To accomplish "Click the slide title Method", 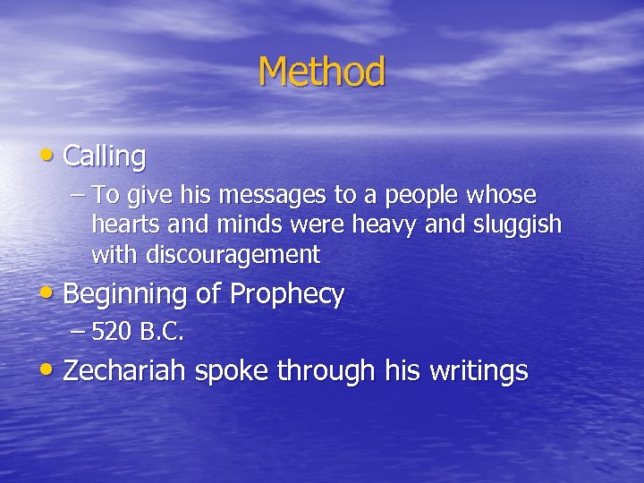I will click(x=322, y=72).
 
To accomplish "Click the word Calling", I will click(x=105, y=157).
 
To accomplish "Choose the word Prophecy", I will click(x=287, y=295).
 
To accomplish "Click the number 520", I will click(x=111, y=333).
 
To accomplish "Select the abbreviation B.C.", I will click(x=161, y=333).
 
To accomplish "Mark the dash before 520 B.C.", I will click(x=77, y=333).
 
